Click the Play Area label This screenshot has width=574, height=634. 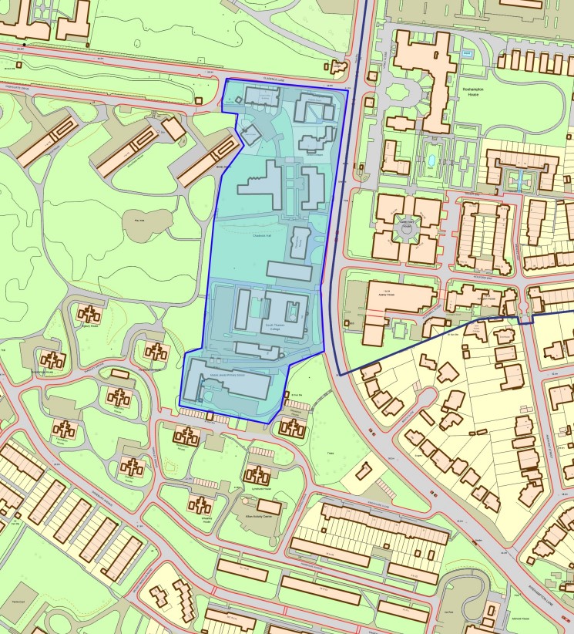tap(139, 219)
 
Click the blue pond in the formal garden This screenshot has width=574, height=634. tap(431, 161)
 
